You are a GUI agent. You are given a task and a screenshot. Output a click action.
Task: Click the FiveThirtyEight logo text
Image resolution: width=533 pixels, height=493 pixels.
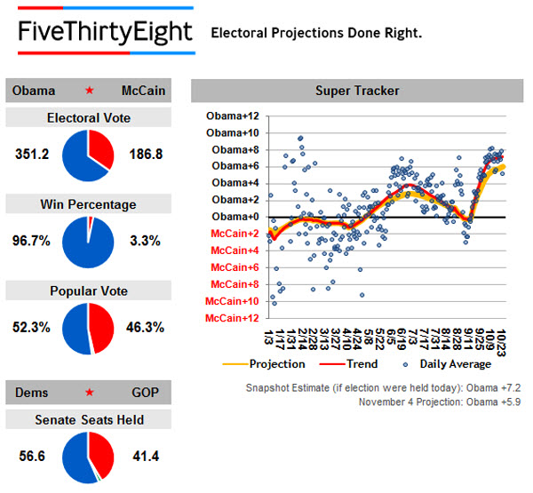coord(105,33)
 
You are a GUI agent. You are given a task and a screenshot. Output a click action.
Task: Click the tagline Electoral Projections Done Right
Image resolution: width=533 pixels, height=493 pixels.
coord(315,34)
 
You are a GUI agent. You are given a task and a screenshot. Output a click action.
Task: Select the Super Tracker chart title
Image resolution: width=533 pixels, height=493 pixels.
coord(357,91)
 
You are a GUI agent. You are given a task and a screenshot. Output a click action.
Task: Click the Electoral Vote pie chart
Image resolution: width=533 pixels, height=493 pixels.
coord(89,154)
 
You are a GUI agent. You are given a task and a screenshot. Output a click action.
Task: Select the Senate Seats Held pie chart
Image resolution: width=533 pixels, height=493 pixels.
coord(89,457)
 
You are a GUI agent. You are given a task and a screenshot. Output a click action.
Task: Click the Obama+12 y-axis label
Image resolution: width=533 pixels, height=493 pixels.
coord(232,115)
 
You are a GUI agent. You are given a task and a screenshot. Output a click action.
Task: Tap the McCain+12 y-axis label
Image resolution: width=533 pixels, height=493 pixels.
coord(232,318)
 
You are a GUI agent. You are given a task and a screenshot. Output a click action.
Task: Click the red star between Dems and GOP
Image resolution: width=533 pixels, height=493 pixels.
coord(89,392)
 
